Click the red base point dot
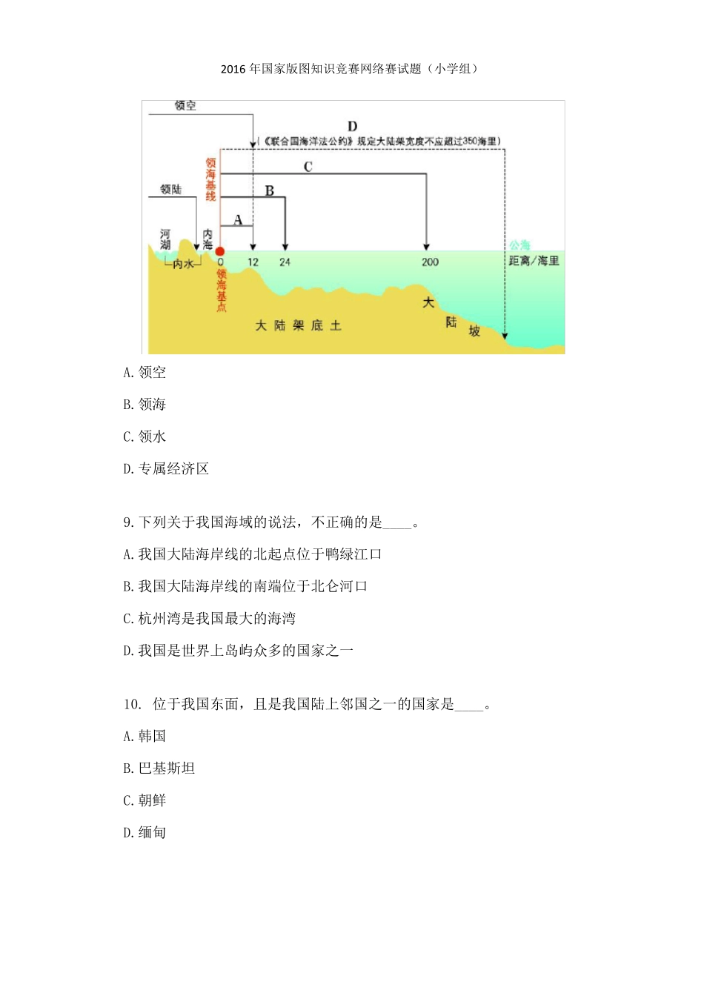[x=220, y=251]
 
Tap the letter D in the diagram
[x=352, y=127]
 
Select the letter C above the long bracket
[x=308, y=167]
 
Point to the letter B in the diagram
[x=270, y=191]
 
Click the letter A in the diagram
[x=238, y=220]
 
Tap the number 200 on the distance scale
[x=430, y=262]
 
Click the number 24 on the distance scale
[x=285, y=262]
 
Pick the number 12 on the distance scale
[x=253, y=262]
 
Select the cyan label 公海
[x=519, y=245]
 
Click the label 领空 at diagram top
[x=185, y=106]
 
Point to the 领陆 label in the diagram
[x=171, y=190]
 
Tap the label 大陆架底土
[x=298, y=325]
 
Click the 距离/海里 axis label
[x=534, y=261]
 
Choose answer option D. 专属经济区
[x=166, y=468]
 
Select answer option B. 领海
[x=145, y=404]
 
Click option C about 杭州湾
[x=209, y=618]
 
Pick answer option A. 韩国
[x=145, y=736]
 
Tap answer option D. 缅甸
[x=145, y=832]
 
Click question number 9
[x=127, y=522]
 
